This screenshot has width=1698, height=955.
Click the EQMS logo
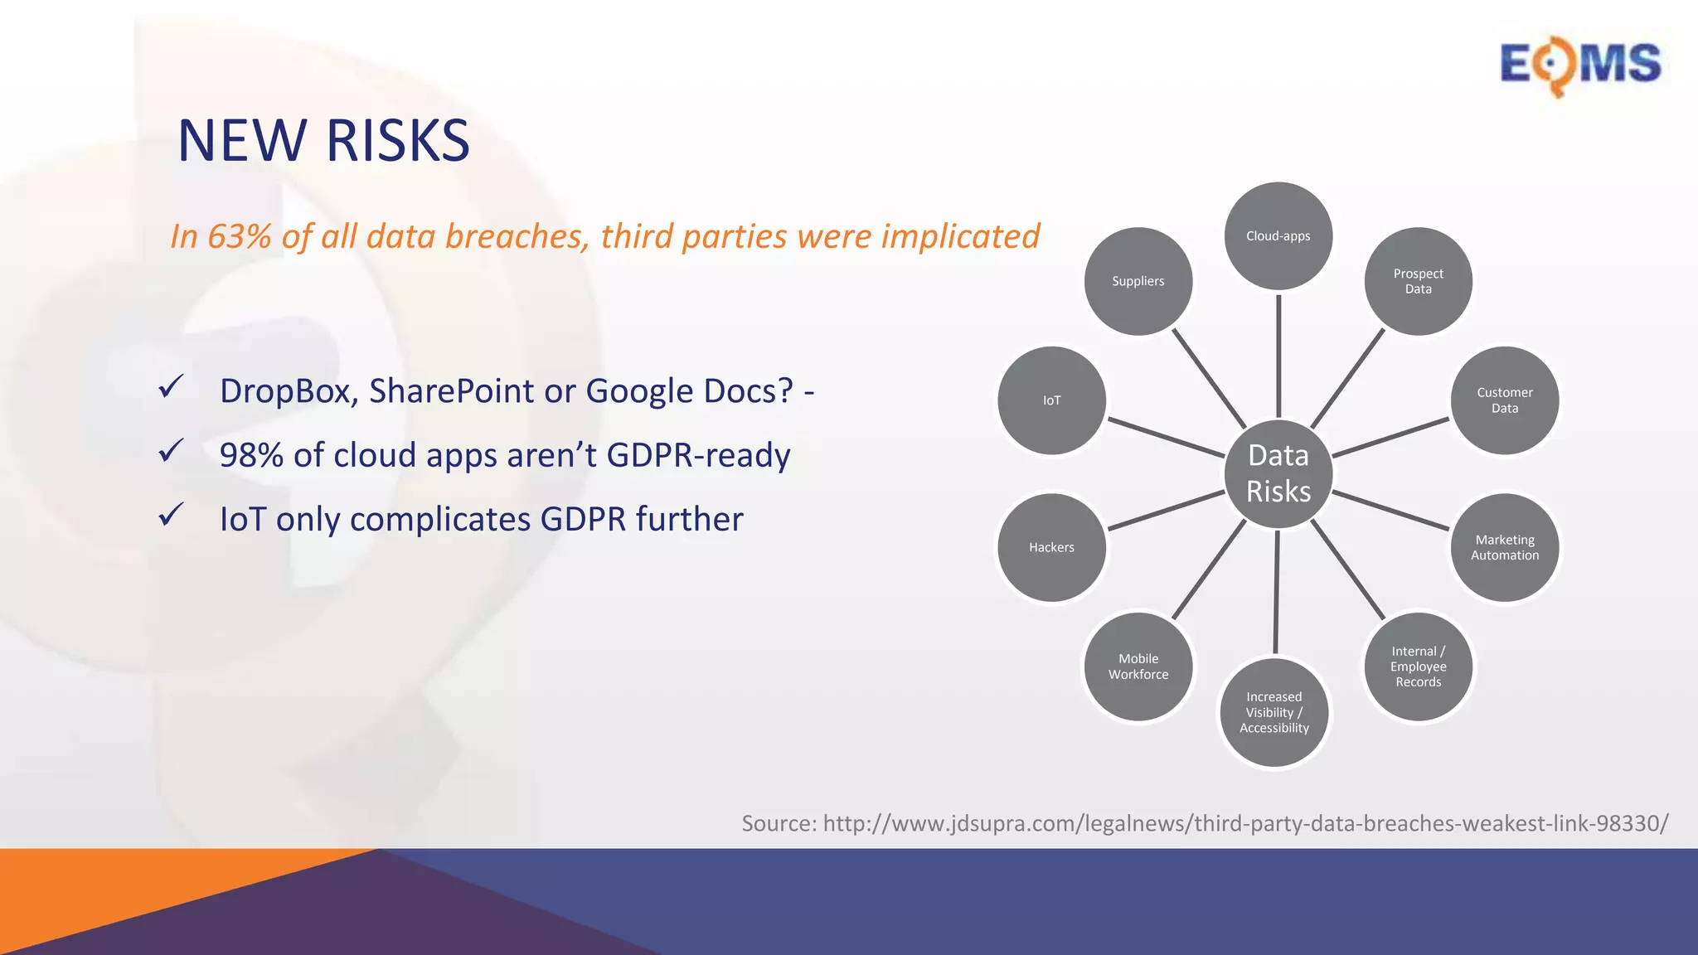pyautogui.click(x=1579, y=65)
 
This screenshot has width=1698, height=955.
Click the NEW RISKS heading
pyautogui.click(x=323, y=140)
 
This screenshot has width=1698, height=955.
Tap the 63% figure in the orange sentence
pyautogui.click(x=239, y=237)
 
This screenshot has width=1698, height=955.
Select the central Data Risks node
pyautogui.click(x=1278, y=474)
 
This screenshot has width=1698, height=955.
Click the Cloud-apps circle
pyautogui.click(x=1278, y=236)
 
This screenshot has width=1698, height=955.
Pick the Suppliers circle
pyautogui.click(x=1138, y=281)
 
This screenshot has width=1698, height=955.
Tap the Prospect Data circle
pyautogui.click(x=1418, y=281)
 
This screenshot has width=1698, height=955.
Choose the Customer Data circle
pyautogui.click(x=1504, y=400)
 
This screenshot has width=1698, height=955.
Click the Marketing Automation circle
pyautogui.click(x=1504, y=547)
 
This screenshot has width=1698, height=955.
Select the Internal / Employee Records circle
pyautogui.click(x=1418, y=667)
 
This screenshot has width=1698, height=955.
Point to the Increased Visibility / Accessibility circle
pyautogui.click(x=1273, y=712)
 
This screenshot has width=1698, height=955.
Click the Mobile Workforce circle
pyautogui.click(x=1138, y=667)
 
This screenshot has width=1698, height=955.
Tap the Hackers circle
pyautogui.click(x=1051, y=547)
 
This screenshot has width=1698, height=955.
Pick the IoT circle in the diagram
pyautogui.click(x=1051, y=400)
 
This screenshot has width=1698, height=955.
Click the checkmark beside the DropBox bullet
pyautogui.click(x=171, y=386)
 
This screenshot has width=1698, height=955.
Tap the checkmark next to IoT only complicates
pyautogui.click(x=171, y=515)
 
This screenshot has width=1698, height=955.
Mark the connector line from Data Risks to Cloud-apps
pyautogui.click(x=1278, y=356)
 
